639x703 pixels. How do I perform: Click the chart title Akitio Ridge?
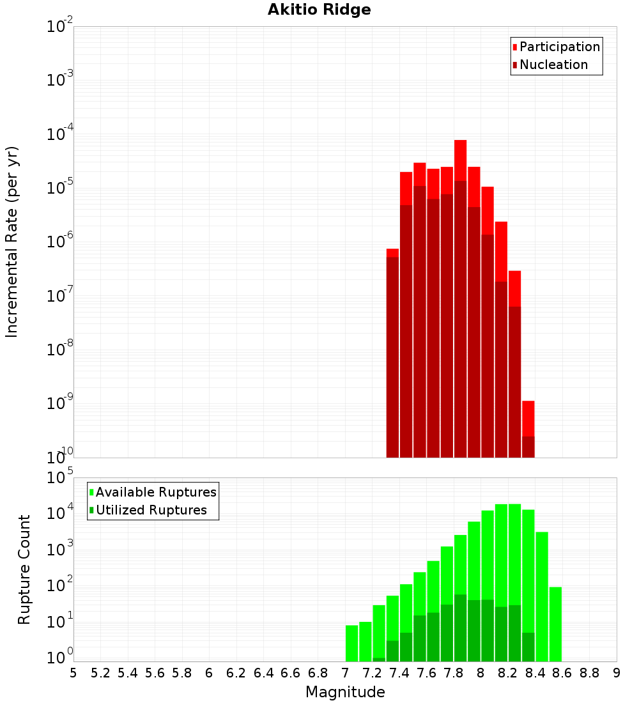(319, 10)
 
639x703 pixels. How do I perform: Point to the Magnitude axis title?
(345, 692)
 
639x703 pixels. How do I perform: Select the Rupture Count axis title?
(24, 569)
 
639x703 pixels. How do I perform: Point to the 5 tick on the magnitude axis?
(73, 673)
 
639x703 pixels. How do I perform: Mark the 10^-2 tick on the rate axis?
(60, 27)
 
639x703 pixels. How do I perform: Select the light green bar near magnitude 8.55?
(555, 623)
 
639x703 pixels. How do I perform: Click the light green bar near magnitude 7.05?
(351, 642)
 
